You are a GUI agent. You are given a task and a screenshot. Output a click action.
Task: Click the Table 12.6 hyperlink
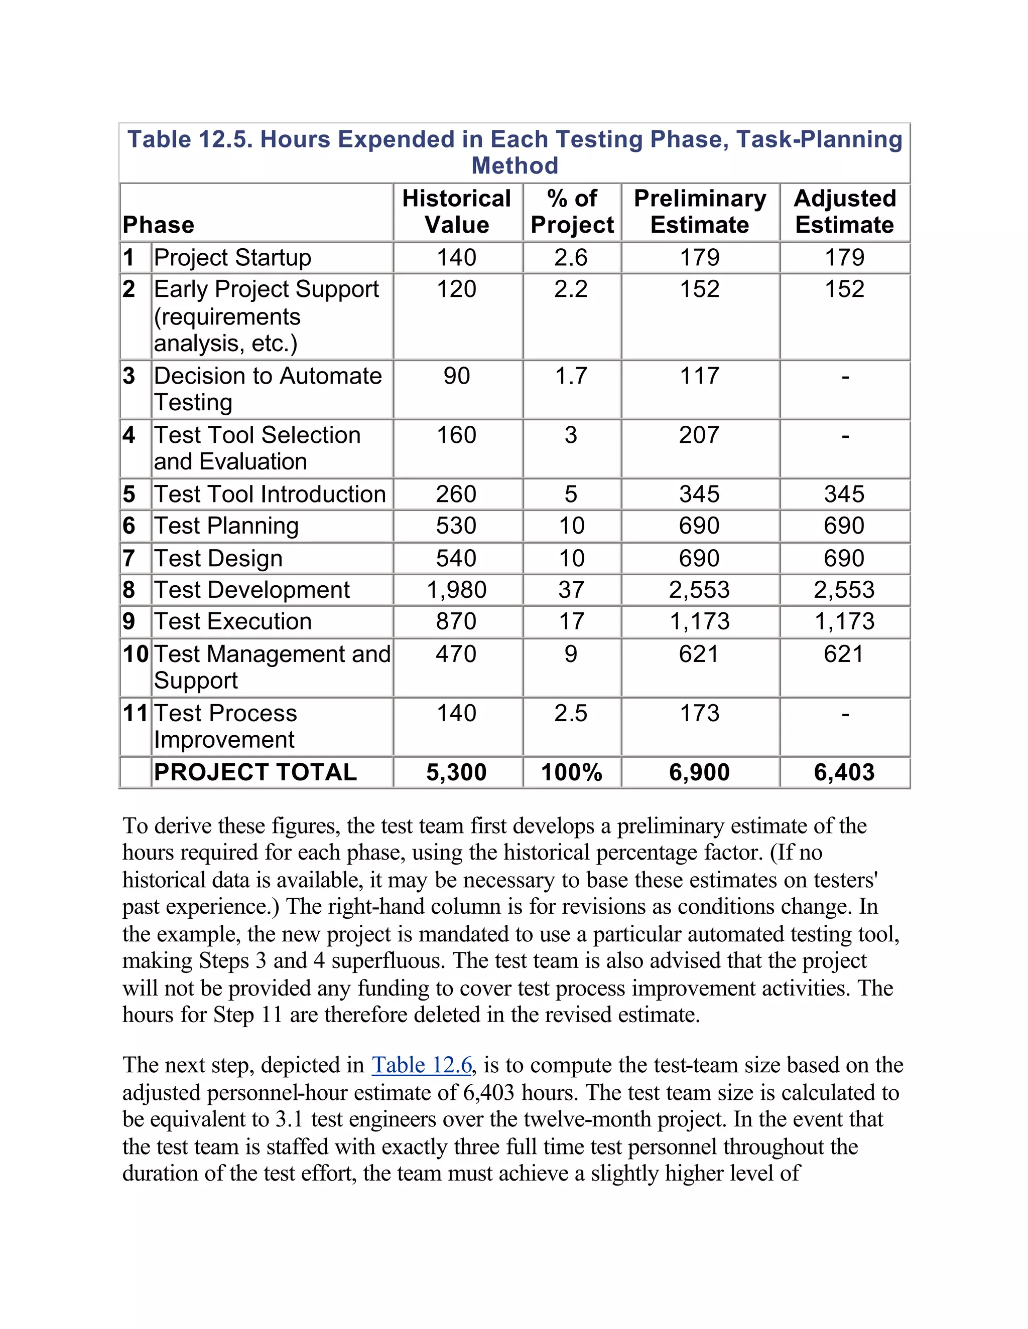(x=422, y=1065)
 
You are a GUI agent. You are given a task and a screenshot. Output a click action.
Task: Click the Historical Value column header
(x=456, y=211)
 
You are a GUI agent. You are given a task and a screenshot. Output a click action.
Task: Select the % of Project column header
(x=572, y=211)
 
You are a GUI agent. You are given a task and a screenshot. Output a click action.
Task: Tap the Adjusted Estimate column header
(x=844, y=211)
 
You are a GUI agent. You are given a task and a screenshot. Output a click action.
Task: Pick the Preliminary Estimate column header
(x=700, y=211)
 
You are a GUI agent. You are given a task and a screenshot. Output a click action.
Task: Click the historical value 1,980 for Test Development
(x=456, y=590)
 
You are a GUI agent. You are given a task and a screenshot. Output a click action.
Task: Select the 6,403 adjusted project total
(x=844, y=772)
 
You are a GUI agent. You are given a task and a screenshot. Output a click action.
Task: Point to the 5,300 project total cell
(x=456, y=772)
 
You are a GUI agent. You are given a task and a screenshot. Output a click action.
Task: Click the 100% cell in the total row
(x=571, y=772)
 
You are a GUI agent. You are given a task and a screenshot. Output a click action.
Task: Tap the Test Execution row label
(x=232, y=621)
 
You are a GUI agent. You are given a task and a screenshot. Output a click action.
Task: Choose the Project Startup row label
(x=232, y=257)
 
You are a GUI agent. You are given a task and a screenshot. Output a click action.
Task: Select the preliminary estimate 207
(x=699, y=435)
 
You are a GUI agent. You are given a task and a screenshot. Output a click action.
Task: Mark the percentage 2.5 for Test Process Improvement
(x=571, y=713)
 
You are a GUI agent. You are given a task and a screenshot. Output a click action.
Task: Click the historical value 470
(x=456, y=654)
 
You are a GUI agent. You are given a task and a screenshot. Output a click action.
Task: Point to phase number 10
(x=135, y=654)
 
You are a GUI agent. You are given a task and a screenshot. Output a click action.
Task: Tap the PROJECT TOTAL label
(x=255, y=772)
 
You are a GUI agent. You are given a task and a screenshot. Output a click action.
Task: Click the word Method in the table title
(x=515, y=165)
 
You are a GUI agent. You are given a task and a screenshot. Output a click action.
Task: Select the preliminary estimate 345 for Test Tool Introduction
(x=699, y=494)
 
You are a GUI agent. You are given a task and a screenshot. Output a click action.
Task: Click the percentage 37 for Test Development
(x=571, y=590)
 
